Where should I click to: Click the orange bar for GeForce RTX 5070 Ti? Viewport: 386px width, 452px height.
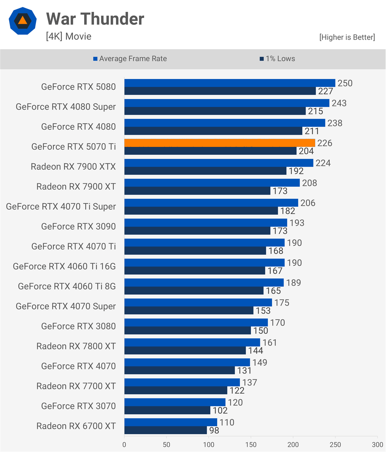tap(220, 143)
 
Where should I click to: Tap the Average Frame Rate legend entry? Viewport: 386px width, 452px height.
tap(130, 59)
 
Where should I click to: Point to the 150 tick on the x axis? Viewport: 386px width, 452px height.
tap(251, 445)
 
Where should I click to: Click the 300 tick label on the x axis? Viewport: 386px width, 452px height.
tap(377, 445)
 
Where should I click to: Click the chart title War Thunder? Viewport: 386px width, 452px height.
tap(95, 19)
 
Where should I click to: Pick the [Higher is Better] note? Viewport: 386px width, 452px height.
tap(347, 37)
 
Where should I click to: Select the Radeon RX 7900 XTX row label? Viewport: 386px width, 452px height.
tap(73, 167)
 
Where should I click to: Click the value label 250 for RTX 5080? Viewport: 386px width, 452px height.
tap(345, 83)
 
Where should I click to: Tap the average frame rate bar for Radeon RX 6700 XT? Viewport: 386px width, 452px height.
tap(171, 422)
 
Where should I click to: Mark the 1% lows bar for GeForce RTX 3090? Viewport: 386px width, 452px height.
tap(197, 231)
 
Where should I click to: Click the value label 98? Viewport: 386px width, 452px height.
tap(214, 430)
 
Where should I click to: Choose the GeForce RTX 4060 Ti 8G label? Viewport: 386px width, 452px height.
tap(67, 286)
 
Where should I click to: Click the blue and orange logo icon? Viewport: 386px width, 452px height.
tap(23, 21)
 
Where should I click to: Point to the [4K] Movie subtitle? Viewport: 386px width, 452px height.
tap(69, 36)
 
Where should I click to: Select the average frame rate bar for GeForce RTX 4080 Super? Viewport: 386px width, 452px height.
tap(227, 103)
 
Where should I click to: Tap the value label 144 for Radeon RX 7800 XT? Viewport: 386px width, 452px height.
tap(255, 350)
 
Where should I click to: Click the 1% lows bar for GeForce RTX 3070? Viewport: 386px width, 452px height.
tap(167, 410)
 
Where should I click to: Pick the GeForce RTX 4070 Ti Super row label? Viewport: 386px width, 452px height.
tap(61, 206)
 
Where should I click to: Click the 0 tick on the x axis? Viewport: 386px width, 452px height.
tap(124, 445)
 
